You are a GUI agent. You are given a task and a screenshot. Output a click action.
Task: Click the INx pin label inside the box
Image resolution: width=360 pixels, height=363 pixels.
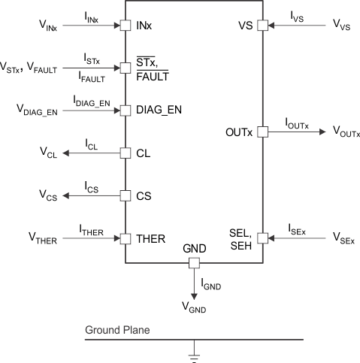point(144,26)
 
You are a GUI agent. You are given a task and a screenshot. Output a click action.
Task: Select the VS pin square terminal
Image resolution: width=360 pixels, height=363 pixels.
point(263,26)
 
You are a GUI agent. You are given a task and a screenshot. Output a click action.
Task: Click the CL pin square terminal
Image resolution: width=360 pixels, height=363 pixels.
point(125,153)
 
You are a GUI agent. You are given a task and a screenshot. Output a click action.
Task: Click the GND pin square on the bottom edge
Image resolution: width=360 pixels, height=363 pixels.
point(193,264)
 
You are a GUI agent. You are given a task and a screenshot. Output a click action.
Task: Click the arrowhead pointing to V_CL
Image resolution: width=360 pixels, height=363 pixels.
point(66,153)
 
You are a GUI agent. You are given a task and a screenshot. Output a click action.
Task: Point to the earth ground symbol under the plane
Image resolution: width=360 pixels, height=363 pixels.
point(193,356)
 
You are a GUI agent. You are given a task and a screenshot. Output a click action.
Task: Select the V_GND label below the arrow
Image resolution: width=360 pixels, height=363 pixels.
point(194,307)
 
